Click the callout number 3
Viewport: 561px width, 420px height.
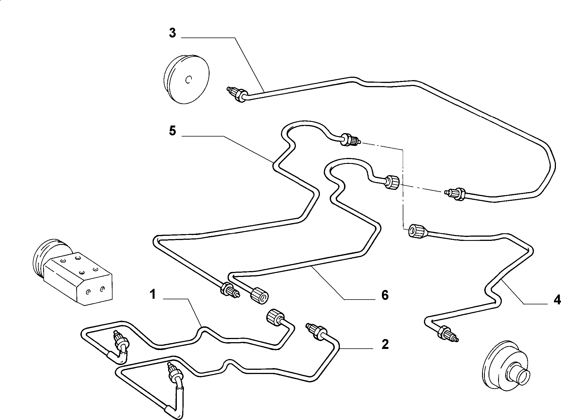pos(172,33)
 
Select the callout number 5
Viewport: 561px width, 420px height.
pos(172,131)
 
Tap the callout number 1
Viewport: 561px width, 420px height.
pos(153,295)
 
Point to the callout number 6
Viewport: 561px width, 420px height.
pos(385,295)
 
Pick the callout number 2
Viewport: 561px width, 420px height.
pos(385,344)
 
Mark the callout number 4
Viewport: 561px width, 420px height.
pos(557,300)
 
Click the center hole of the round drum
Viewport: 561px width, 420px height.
pos(188,80)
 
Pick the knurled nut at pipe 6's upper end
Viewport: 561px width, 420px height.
pos(392,182)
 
